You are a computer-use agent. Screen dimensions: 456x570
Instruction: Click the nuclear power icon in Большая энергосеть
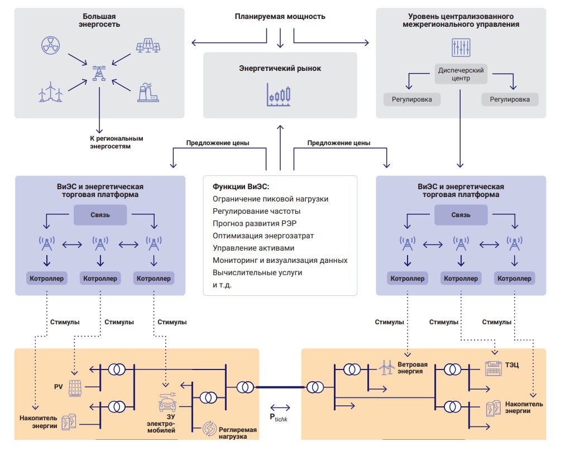pos(50,46)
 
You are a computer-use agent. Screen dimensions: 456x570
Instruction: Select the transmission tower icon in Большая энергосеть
pos(99,73)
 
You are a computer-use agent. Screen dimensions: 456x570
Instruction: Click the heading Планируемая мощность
pos(280,17)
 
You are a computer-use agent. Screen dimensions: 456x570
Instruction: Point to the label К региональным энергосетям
pos(117,142)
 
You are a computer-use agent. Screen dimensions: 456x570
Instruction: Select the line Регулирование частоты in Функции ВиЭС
pos(256,211)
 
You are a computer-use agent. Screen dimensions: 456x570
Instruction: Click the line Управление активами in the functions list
pos(253,248)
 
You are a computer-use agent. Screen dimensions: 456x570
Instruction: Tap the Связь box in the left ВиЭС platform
pos(101,215)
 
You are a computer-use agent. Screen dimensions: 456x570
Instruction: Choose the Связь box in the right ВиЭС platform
pos(461,215)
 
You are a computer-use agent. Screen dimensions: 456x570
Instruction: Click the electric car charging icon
pos(165,401)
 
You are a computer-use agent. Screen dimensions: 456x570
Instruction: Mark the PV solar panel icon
pos(75,388)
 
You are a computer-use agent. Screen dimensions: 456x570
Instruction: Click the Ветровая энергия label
pos(413,368)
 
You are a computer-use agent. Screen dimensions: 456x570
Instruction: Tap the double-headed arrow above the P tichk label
pos(279,407)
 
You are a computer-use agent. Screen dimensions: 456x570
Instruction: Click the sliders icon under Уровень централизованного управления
pos(461,48)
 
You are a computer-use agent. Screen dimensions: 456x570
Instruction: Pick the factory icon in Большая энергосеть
pos(147,92)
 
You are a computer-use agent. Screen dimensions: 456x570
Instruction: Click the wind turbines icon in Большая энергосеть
pos(50,92)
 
